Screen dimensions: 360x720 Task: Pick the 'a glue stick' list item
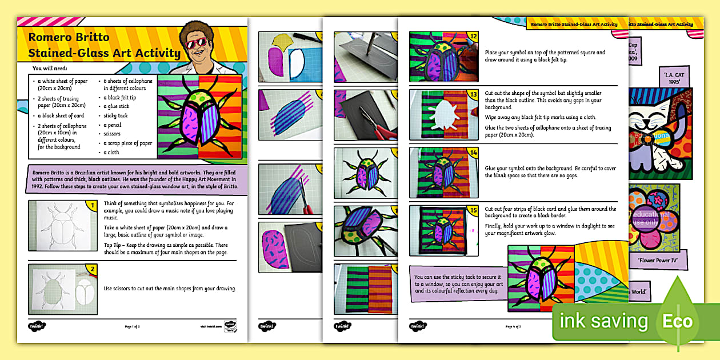(x=117, y=106)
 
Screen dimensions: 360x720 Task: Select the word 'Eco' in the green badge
(x=677, y=321)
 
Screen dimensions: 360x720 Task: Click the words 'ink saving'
(x=604, y=321)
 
